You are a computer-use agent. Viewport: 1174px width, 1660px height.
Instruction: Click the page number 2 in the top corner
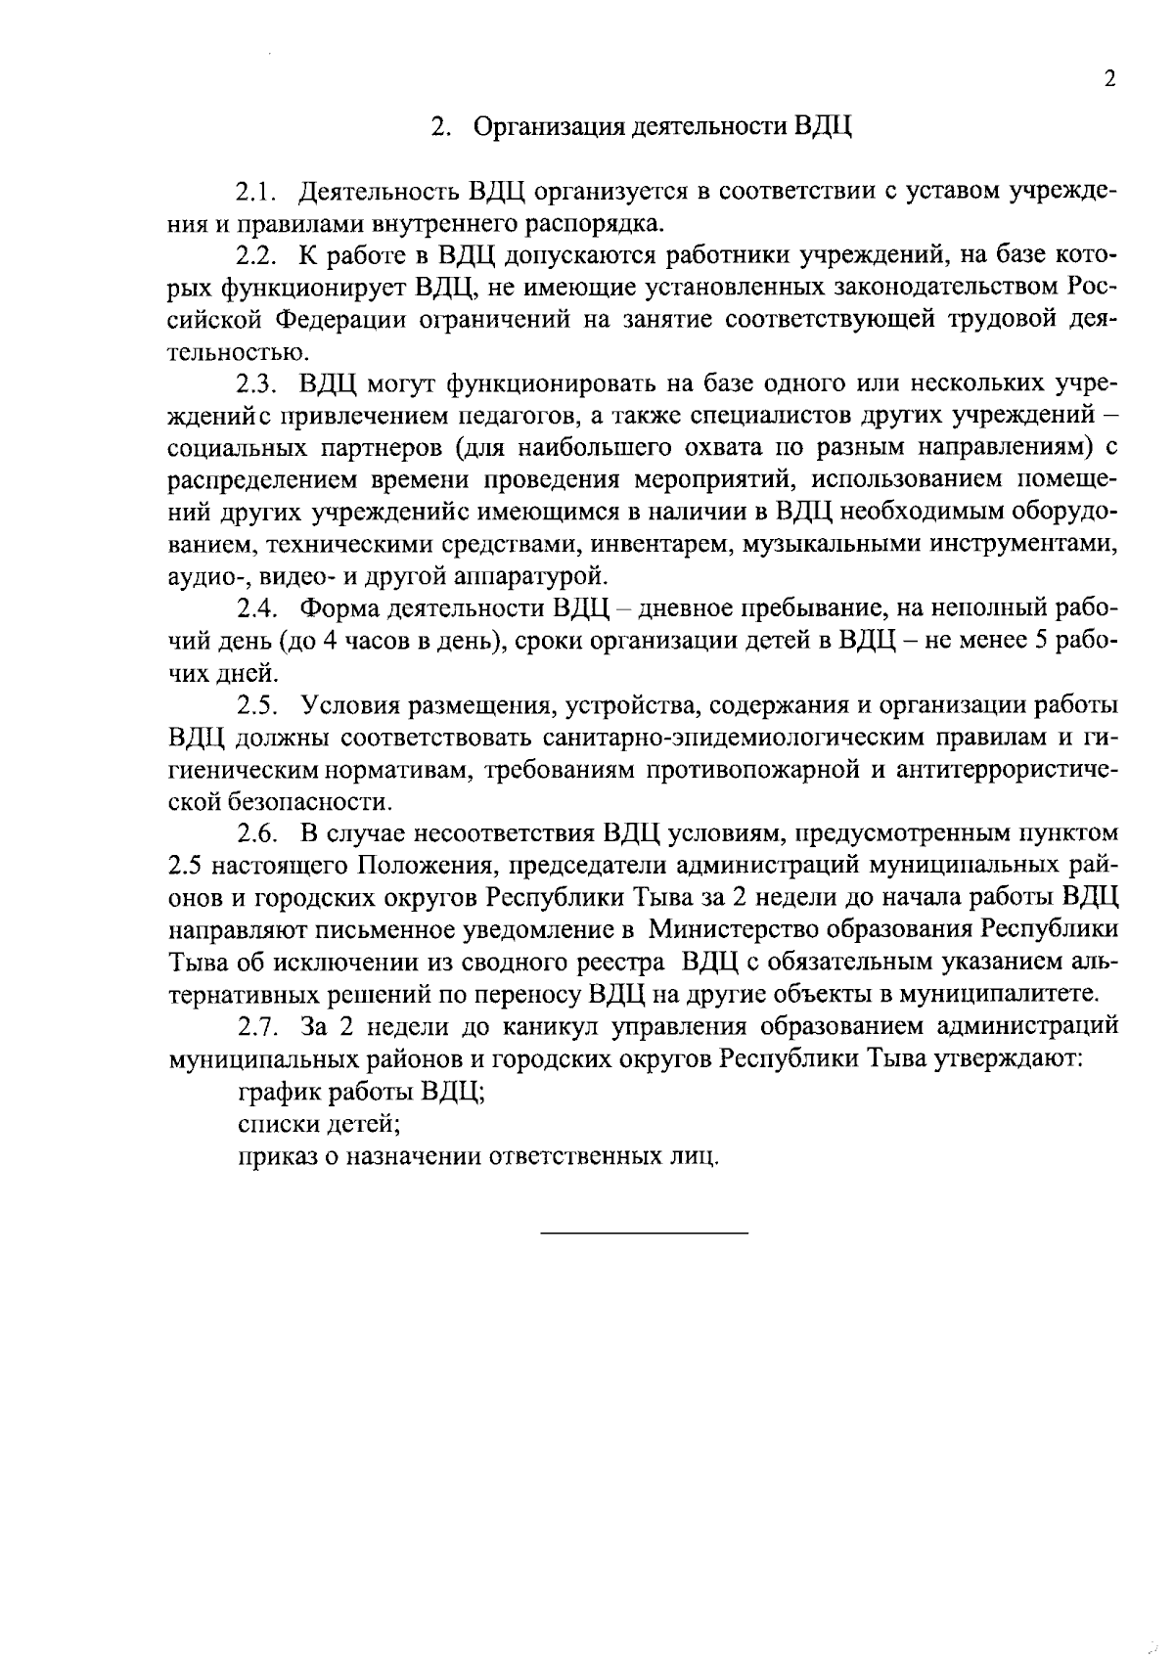tap(1109, 80)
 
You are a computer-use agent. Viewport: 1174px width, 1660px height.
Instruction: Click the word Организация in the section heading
tap(546, 128)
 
